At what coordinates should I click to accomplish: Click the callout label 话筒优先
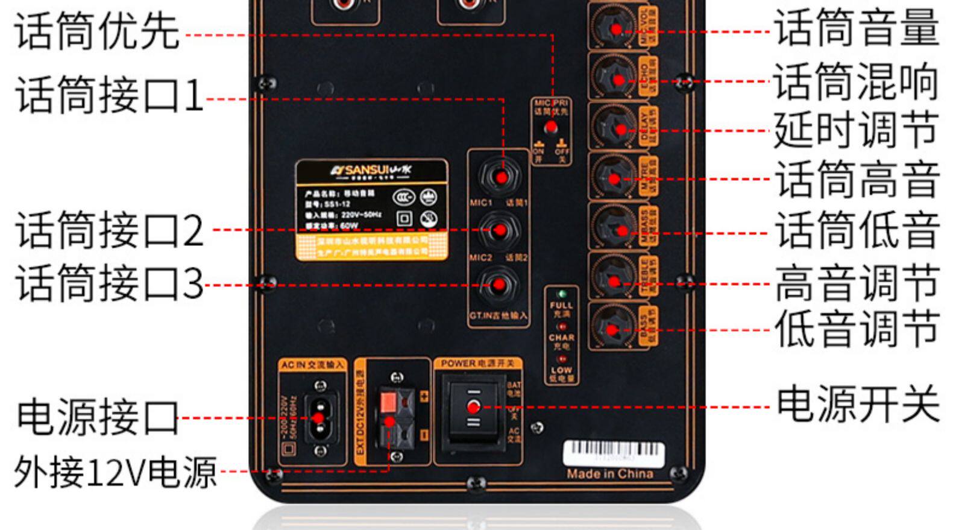pos(96,31)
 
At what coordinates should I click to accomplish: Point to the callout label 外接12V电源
pos(115,472)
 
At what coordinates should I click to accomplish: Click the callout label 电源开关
pos(858,405)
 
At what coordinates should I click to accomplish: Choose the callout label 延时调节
pos(856,130)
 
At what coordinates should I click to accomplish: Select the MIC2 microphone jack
pos(499,230)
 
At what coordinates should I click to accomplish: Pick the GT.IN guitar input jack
pos(499,285)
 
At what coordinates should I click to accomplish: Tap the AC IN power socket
pos(318,418)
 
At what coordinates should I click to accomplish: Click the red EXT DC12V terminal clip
pos(388,400)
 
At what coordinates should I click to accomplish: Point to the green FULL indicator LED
pos(562,294)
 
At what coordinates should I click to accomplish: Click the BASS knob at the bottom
pos(612,329)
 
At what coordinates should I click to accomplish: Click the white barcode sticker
pos(612,453)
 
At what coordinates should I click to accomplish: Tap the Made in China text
pos(609,474)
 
